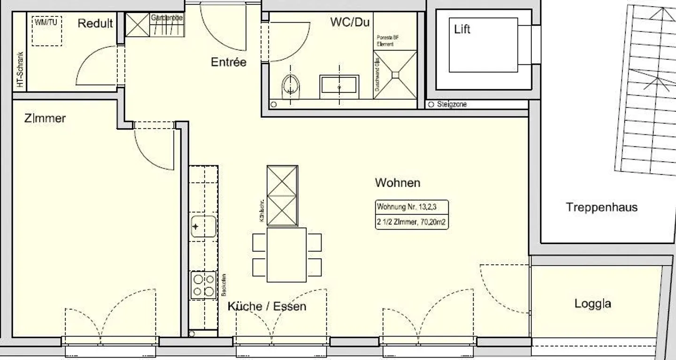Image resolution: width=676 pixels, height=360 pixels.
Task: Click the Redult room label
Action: pyautogui.click(x=95, y=23)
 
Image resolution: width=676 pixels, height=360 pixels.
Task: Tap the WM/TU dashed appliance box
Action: pyautogui.click(x=47, y=31)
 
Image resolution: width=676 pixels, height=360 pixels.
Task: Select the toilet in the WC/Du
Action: pyautogui.click(x=291, y=85)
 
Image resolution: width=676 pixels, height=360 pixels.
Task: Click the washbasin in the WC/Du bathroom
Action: pyautogui.click(x=339, y=87)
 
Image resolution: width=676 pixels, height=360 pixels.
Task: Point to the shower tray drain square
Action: pyautogui.click(x=395, y=74)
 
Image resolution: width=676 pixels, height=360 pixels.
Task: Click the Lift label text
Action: pyautogui.click(x=462, y=29)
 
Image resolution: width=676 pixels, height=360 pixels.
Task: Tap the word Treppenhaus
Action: pyautogui.click(x=601, y=207)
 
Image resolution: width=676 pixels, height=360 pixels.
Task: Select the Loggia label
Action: pyautogui.click(x=592, y=304)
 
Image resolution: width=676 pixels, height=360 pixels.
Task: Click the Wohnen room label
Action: pyautogui.click(x=397, y=183)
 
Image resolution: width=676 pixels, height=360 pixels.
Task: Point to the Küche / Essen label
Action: pyautogui.click(x=267, y=306)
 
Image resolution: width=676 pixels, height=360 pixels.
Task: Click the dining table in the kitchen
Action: pyautogui.click(x=286, y=255)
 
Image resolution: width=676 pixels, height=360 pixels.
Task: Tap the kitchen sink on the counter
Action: pyautogui.click(x=203, y=227)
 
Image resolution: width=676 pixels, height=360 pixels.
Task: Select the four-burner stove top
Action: pyautogui.click(x=203, y=285)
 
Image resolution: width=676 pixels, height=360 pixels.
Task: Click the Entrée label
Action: pyautogui.click(x=228, y=62)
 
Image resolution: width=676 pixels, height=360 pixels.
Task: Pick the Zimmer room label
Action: pyautogui.click(x=45, y=118)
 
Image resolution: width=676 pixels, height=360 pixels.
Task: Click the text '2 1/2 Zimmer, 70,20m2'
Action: pyautogui.click(x=411, y=222)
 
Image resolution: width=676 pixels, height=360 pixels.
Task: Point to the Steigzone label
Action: pyautogui.click(x=451, y=105)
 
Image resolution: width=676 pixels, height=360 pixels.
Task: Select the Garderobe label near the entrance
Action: pyautogui.click(x=167, y=18)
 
